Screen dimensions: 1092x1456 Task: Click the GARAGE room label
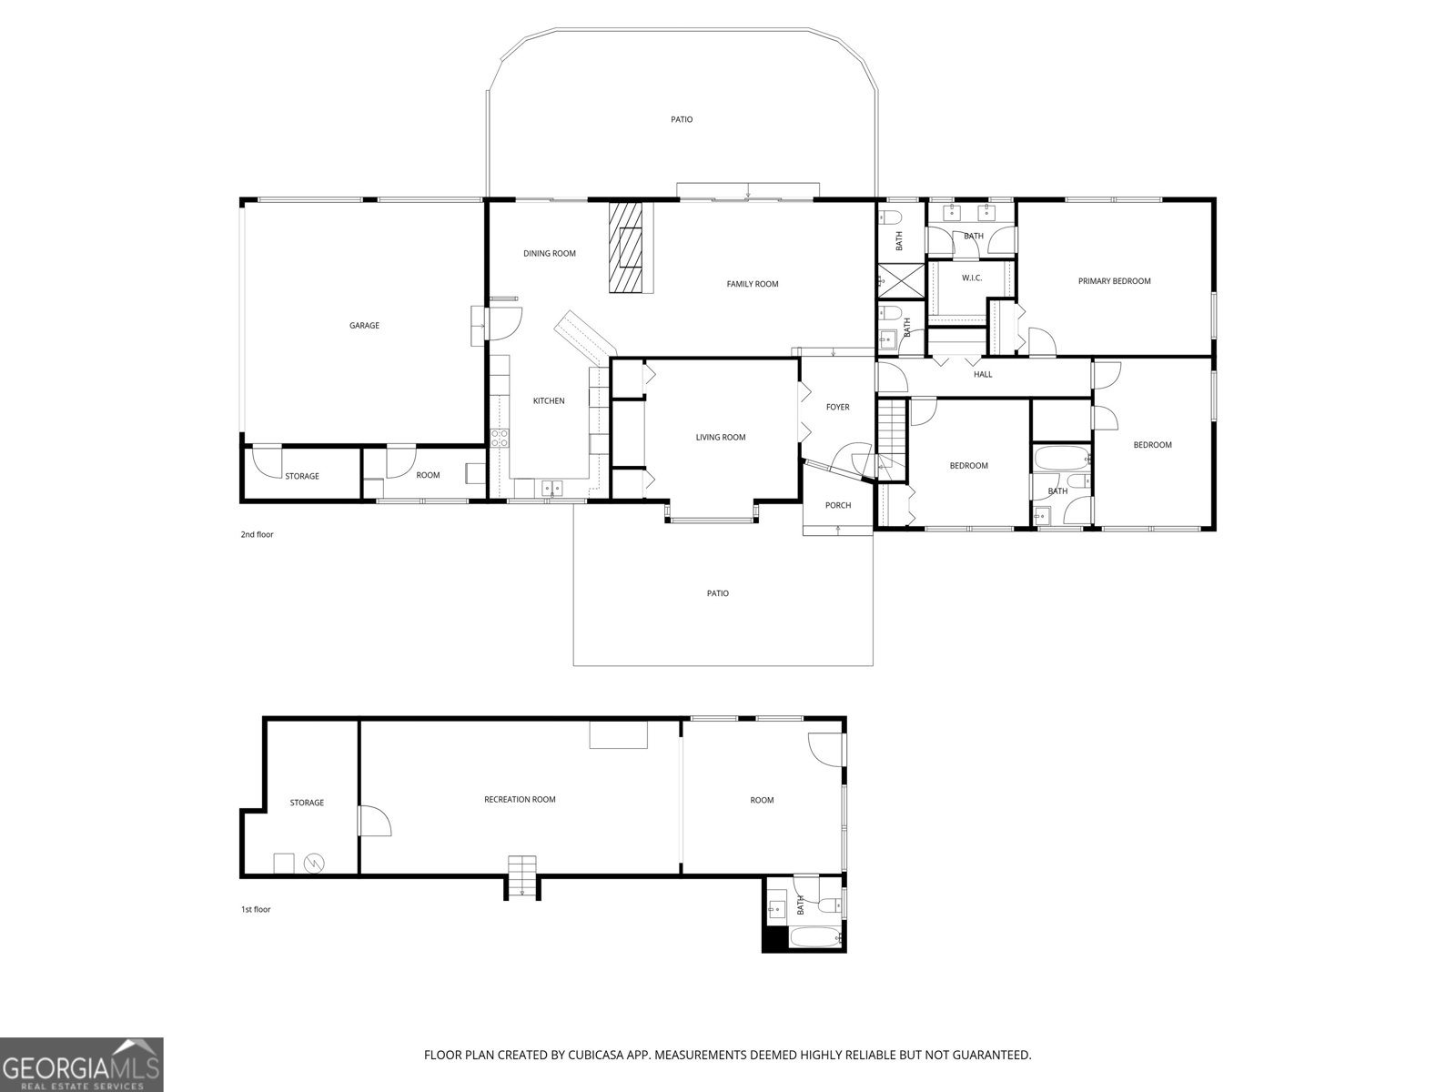click(364, 325)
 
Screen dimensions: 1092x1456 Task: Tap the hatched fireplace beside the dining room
click(625, 246)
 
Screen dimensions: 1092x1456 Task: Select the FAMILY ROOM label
click(752, 284)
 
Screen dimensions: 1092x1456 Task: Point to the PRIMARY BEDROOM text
click(1114, 281)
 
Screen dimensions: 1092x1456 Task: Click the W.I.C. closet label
click(971, 278)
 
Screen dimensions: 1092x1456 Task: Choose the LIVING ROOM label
click(720, 438)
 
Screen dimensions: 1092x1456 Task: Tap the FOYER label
click(837, 407)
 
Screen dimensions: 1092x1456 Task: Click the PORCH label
click(837, 505)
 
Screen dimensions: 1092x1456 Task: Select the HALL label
click(983, 374)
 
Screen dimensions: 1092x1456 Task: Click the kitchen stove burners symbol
click(499, 438)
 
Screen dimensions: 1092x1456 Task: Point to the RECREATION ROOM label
click(519, 800)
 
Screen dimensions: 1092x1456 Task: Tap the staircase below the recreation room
click(521, 877)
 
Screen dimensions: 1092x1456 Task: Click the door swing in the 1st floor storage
click(374, 822)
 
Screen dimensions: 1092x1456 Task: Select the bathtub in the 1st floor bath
click(814, 937)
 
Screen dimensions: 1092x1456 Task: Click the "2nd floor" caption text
click(257, 535)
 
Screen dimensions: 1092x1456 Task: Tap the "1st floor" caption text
click(256, 910)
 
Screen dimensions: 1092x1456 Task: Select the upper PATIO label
click(682, 119)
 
